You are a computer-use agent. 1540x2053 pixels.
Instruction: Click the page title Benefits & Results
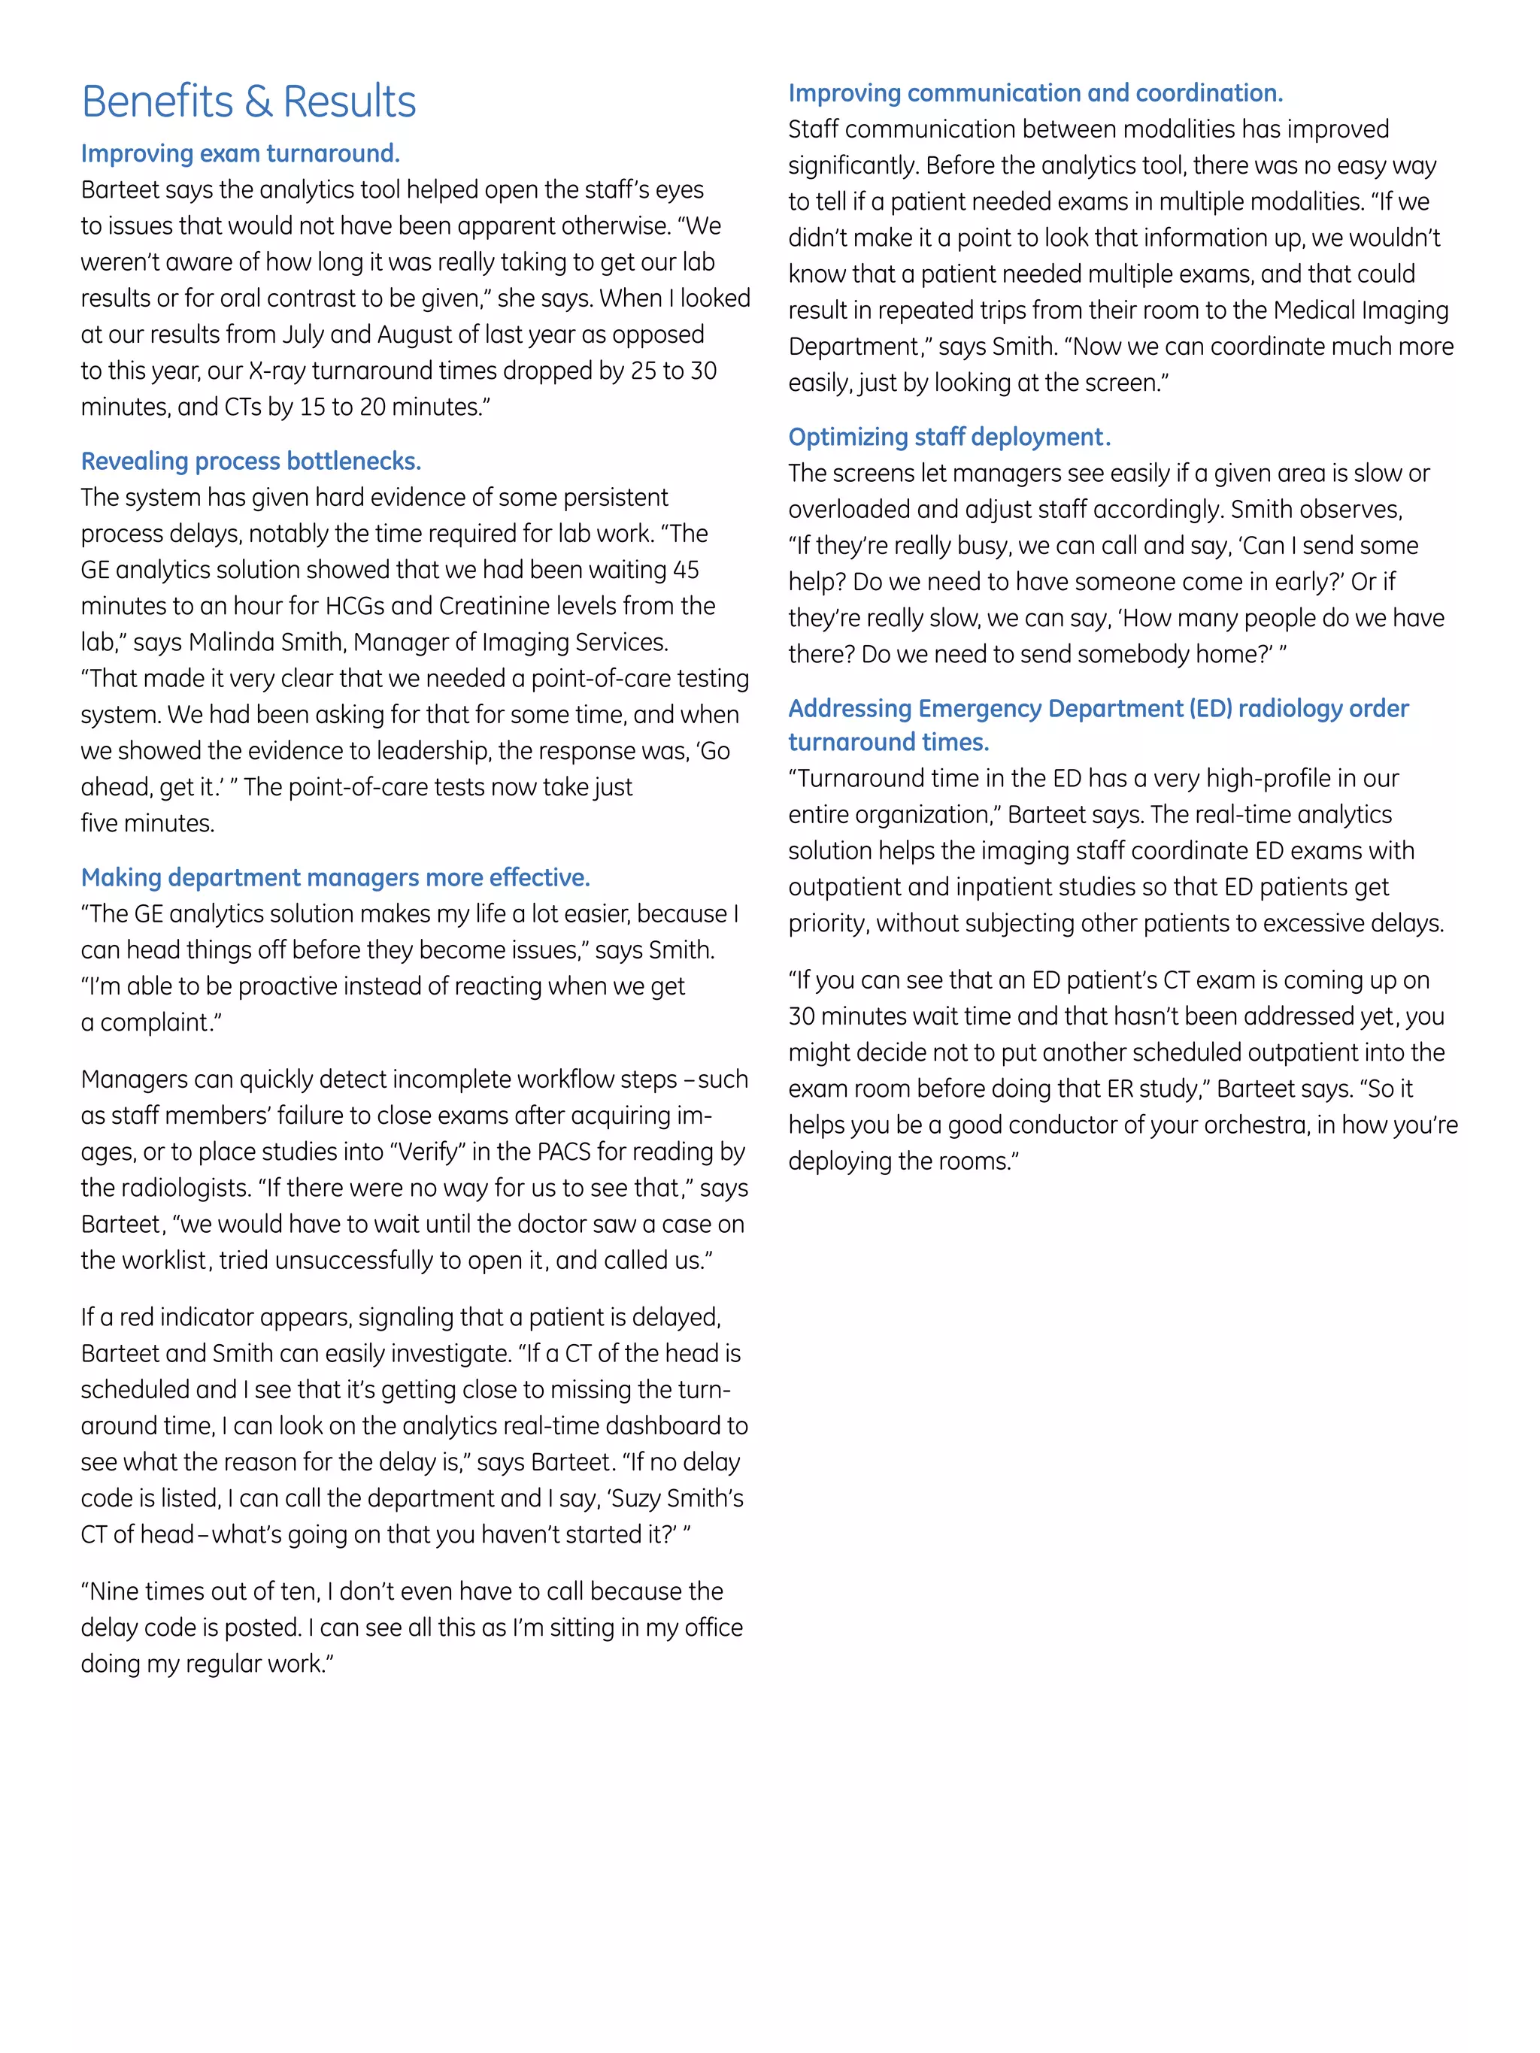pos(249,102)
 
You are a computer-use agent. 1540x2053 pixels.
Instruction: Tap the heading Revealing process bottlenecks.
pos(250,462)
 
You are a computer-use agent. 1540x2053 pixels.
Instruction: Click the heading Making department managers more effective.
pos(335,877)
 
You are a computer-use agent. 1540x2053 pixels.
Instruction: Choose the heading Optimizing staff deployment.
pos(949,438)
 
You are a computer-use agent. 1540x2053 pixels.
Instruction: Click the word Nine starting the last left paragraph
pos(115,1591)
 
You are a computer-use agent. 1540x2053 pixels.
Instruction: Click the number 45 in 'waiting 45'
pos(685,570)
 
